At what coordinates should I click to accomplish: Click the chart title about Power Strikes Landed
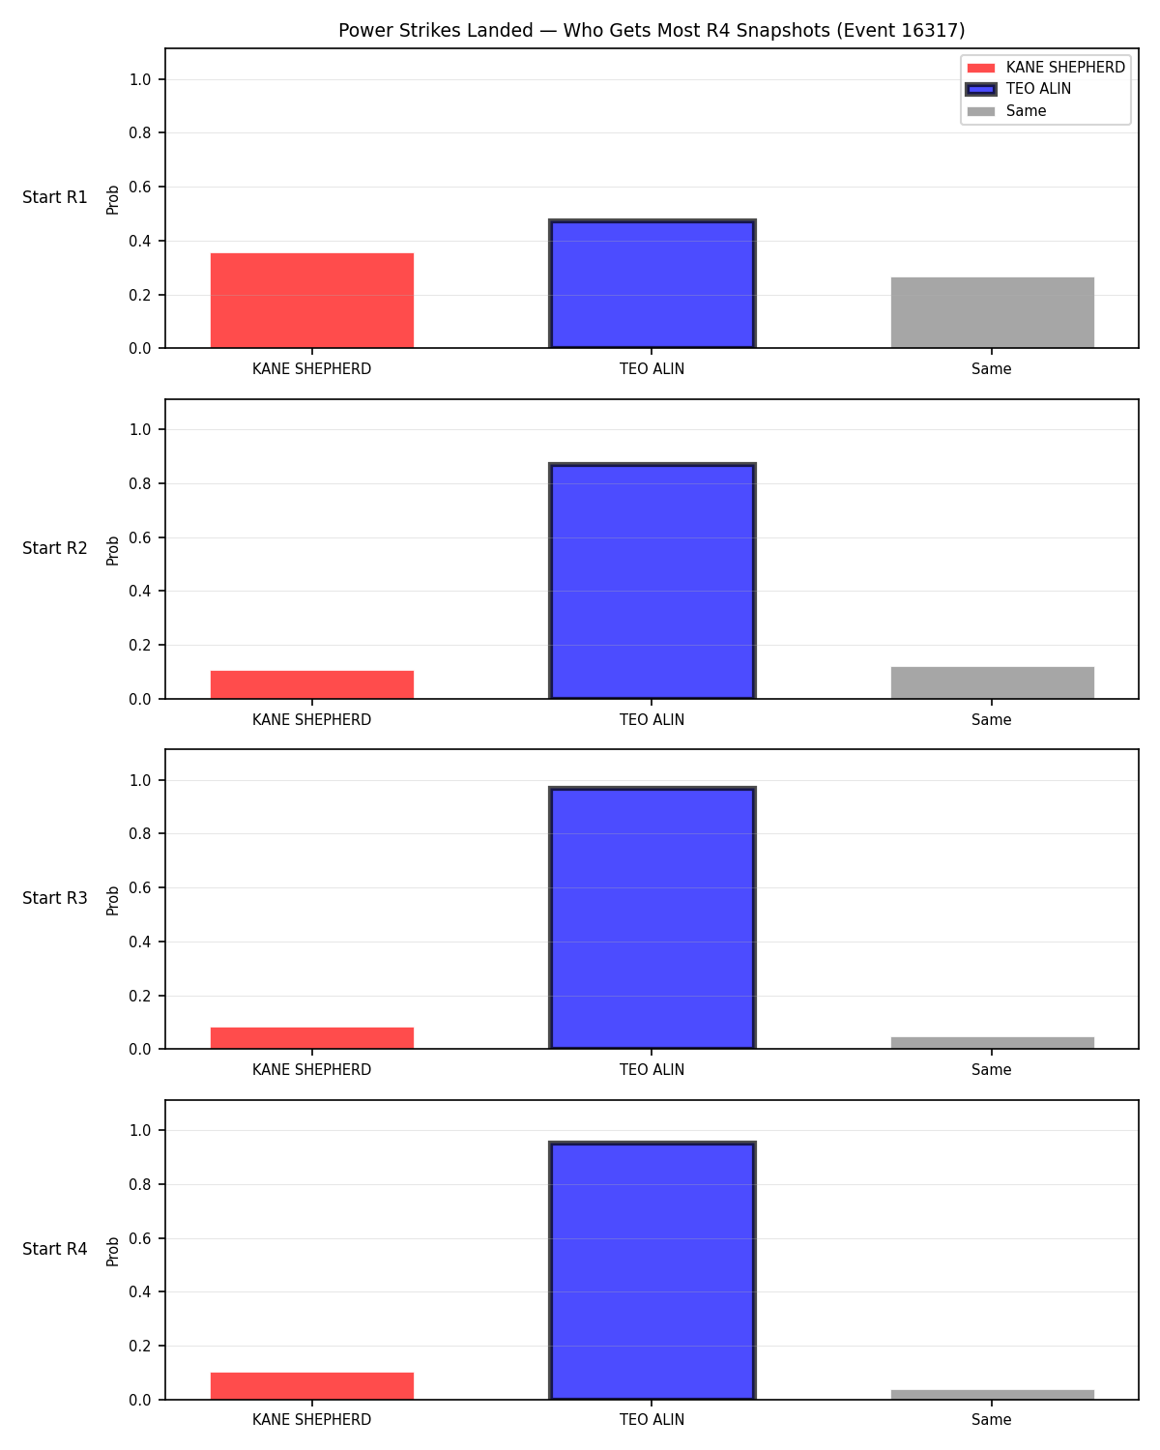[652, 30]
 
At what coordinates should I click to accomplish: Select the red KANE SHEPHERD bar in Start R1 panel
[312, 301]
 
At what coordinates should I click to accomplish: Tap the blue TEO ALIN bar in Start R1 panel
[652, 283]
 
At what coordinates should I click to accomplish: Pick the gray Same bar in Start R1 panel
[992, 312]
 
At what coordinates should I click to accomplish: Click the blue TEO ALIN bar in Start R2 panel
[652, 581]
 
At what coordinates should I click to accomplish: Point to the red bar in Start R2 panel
[312, 684]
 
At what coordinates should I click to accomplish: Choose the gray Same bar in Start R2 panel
[992, 682]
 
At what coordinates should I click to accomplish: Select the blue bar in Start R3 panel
[652, 917]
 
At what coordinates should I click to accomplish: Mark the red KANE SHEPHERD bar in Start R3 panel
[312, 1038]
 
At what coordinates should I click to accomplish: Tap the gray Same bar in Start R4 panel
[992, 1395]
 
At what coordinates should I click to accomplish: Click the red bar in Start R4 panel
[312, 1386]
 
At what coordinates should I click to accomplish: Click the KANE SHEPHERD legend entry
[1045, 68]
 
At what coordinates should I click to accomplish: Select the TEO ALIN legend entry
[1019, 89]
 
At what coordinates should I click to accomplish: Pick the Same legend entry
[1006, 111]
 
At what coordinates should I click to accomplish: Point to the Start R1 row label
[54, 197]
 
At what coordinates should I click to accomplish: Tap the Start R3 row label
[54, 898]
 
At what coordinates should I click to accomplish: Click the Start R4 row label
[54, 1249]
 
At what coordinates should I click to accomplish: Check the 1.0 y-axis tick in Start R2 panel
[140, 430]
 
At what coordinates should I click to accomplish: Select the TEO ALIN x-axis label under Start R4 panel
[652, 1420]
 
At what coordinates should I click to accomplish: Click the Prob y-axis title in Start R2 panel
[112, 551]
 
